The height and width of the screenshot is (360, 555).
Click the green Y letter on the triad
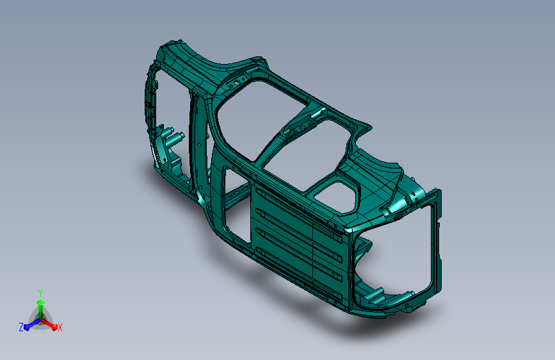click(x=40, y=291)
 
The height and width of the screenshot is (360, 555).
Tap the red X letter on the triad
click(x=60, y=328)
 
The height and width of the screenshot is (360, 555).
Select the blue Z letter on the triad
click(x=20, y=327)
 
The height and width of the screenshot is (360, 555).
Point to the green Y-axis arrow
click(x=40, y=304)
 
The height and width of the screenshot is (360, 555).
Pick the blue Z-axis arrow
click(x=29, y=324)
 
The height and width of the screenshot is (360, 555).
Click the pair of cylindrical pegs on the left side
click(x=172, y=136)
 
